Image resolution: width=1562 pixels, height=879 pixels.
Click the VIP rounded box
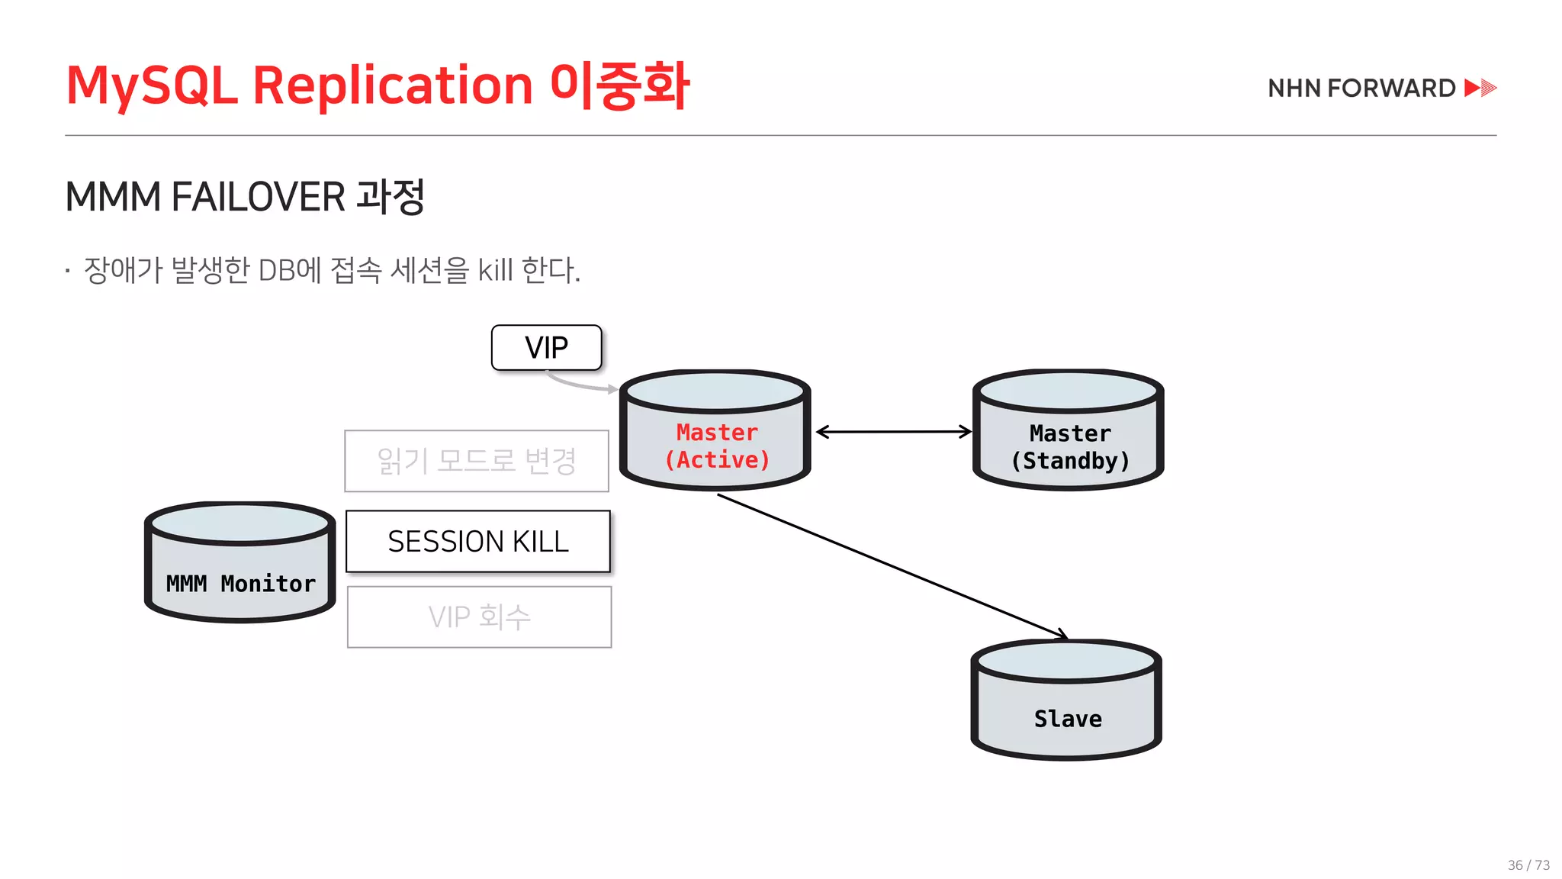click(x=546, y=348)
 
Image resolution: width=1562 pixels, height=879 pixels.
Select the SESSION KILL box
click(x=478, y=542)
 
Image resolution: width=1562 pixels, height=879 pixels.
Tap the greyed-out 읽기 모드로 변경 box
click(x=477, y=461)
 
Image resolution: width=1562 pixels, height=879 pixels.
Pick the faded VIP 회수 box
click(x=479, y=617)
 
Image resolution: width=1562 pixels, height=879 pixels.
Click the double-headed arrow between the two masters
click(x=894, y=432)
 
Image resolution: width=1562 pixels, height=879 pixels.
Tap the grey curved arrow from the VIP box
click(x=580, y=384)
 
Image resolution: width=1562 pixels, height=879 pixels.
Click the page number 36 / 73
click(x=1528, y=865)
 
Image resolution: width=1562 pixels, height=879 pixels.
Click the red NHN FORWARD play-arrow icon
click(x=1480, y=88)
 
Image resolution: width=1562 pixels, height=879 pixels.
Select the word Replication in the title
click(x=392, y=85)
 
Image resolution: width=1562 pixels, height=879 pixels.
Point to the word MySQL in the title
click(x=152, y=86)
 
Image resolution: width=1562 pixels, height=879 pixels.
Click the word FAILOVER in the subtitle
click(x=258, y=197)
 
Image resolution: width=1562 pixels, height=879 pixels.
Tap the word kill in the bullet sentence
click(x=495, y=270)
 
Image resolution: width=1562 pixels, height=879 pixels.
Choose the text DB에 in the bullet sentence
click(x=290, y=270)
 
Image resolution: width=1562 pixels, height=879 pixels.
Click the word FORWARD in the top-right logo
click(x=1391, y=89)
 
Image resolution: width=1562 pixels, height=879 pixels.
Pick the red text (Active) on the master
click(x=717, y=460)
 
